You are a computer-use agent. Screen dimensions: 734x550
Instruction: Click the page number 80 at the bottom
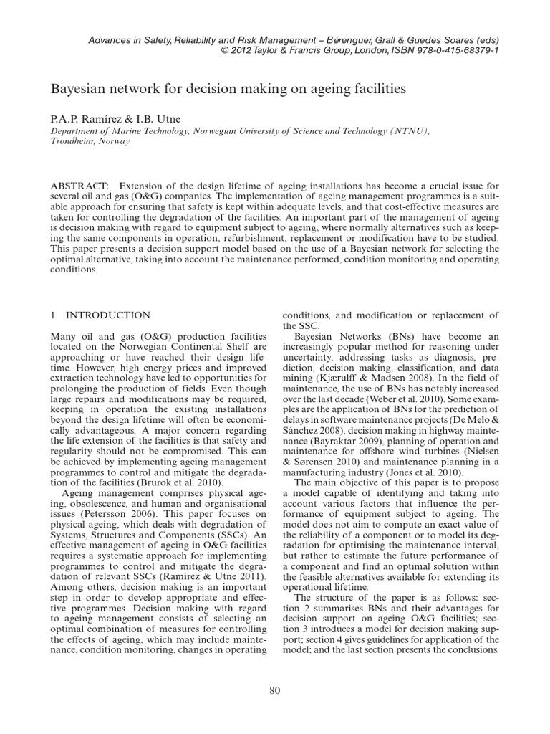pyautogui.click(x=275, y=690)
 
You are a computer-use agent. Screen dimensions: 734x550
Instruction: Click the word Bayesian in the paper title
pyautogui.click(x=77, y=90)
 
